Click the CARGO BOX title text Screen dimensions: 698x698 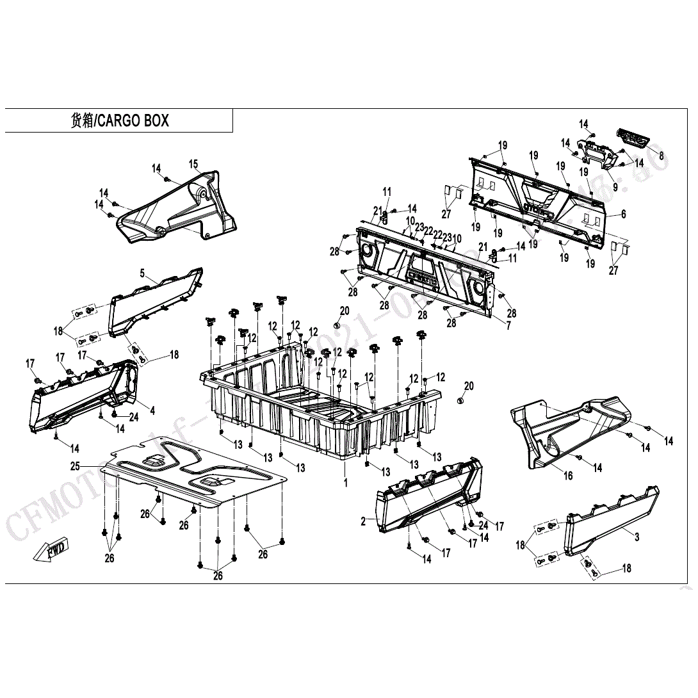tap(119, 120)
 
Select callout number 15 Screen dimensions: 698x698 tap(193, 164)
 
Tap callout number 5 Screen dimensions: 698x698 tap(142, 273)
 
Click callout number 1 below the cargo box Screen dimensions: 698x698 tap(346, 483)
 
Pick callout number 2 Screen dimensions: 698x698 tap(363, 521)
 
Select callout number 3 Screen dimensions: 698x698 tap(637, 537)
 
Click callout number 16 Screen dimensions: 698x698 tap(568, 476)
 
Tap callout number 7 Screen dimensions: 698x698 tap(508, 326)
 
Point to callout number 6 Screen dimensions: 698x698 tap(623, 215)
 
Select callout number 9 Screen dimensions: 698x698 tap(615, 187)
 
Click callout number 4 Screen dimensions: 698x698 tap(152, 410)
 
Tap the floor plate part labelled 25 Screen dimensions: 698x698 tap(192, 474)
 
